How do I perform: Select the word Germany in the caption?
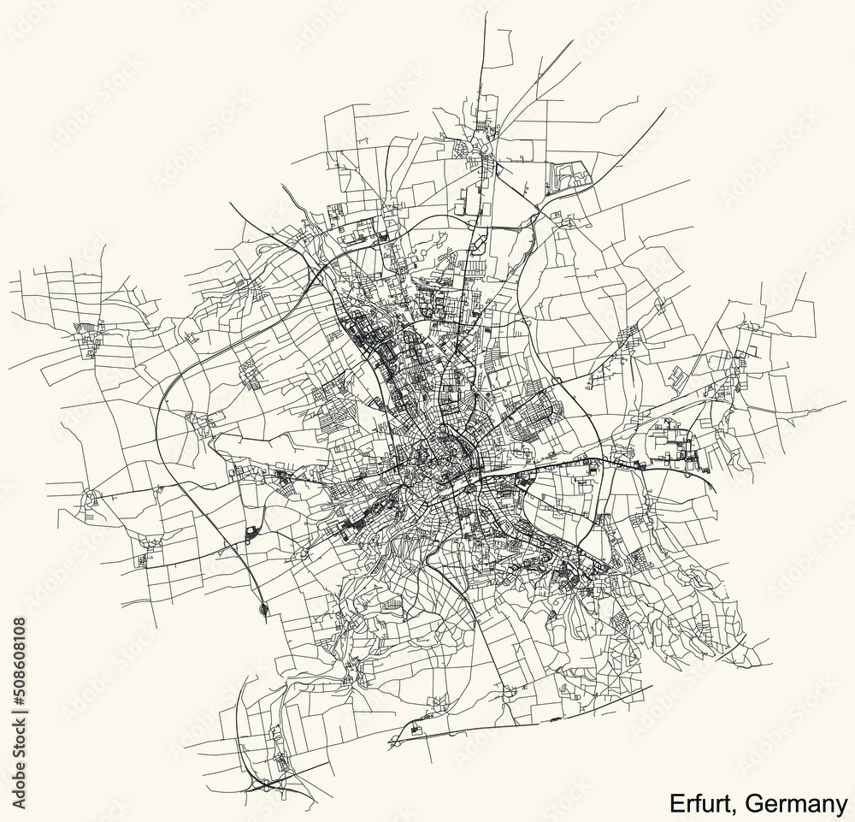tap(795, 803)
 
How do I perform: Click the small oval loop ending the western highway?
tap(263, 609)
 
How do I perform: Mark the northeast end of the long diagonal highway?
tap(665, 112)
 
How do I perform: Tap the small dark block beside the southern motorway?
tap(416, 727)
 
